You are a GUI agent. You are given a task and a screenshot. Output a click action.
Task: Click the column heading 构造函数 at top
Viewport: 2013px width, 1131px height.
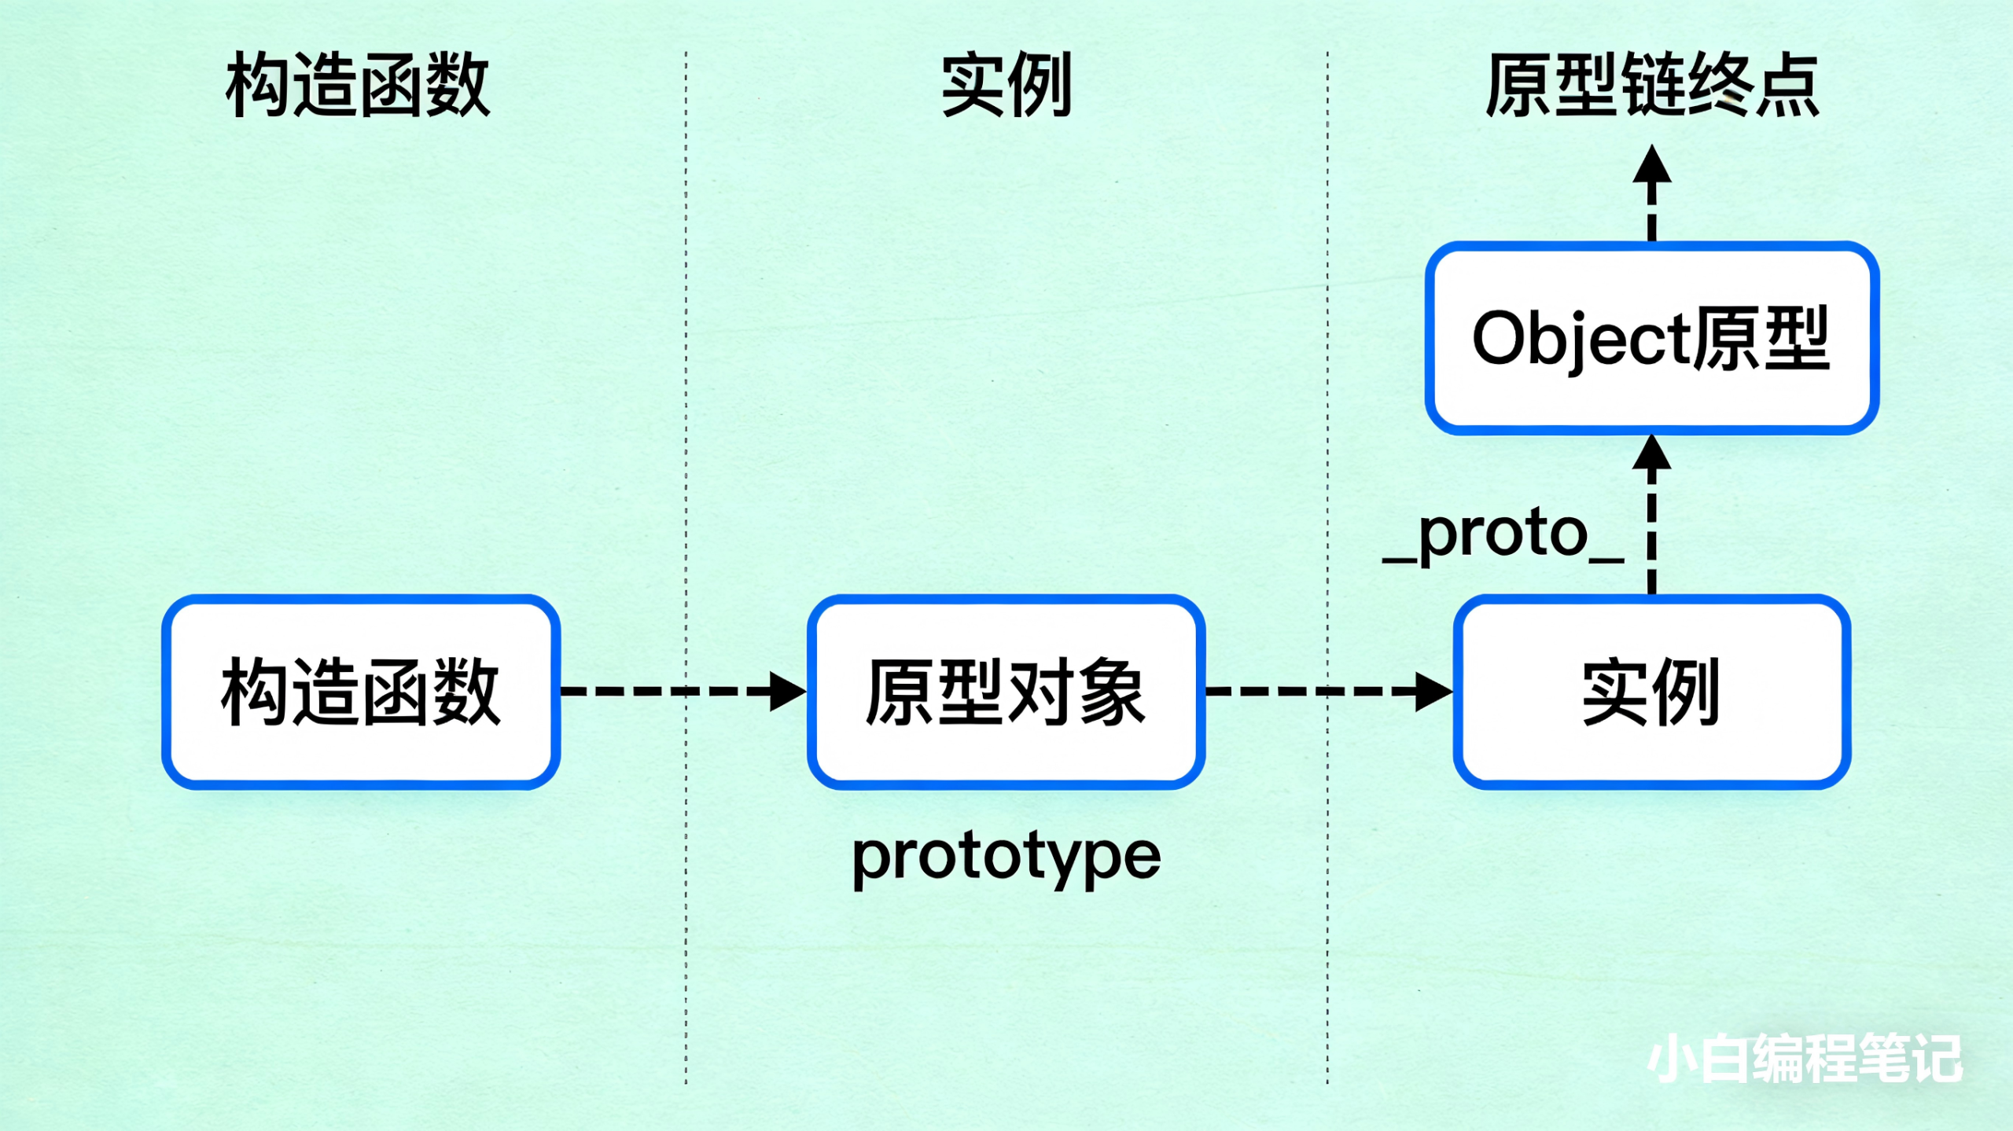pos(358,85)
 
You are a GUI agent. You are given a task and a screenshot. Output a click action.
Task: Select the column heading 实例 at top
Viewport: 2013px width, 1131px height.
pos(1007,85)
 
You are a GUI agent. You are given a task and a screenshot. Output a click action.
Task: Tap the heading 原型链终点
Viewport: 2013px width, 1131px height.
pos(1652,85)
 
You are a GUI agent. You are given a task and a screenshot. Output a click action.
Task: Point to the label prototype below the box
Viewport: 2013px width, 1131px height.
pos(1006,857)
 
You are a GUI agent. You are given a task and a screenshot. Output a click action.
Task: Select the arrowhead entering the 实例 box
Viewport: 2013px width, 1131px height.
pos(1432,692)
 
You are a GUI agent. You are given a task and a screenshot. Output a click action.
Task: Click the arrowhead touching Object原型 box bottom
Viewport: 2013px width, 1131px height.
pos(1652,454)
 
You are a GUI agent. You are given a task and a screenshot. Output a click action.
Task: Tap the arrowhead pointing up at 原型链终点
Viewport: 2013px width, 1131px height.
pos(1652,165)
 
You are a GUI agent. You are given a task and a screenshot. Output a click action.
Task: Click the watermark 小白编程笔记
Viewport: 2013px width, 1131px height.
pos(1805,1059)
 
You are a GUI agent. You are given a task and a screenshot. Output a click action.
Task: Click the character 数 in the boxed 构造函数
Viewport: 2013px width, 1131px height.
pos(466,692)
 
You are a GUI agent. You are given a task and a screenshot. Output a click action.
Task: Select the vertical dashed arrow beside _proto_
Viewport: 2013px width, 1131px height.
pos(1652,534)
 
